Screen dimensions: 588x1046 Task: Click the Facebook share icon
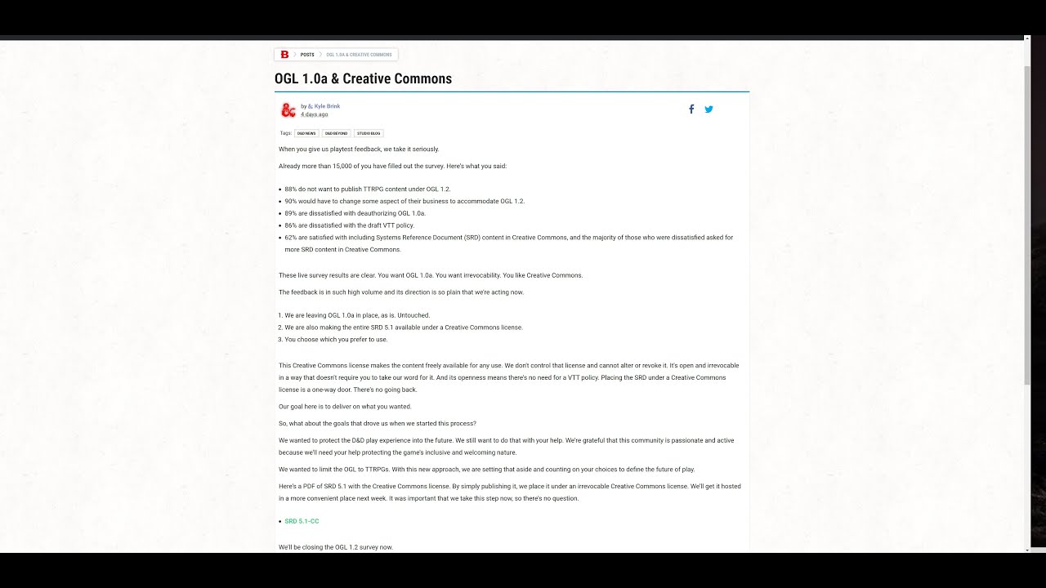[x=691, y=109]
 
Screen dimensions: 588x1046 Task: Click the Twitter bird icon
[x=709, y=109]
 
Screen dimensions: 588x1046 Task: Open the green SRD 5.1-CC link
[x=302, y=521]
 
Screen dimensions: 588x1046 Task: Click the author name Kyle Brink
[x=327, y=106]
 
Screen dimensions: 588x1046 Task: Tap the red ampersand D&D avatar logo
[x=288, y=110]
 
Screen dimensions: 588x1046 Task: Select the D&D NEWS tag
[x=306, y=133]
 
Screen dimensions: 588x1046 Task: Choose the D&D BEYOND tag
[x=336, y=133]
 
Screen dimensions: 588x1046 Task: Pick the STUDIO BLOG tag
[x=369, y=133]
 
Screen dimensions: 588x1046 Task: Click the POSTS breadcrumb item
[x=307, y=55]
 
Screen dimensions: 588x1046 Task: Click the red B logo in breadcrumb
[x=284, y=55]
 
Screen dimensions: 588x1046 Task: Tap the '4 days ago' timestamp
[x=314, y=114]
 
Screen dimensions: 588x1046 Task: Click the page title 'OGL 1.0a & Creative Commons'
[x=363, y=79]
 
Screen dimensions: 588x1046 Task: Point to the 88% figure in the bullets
[x=290, y=189]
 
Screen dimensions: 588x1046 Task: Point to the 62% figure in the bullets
[x=290, y=238]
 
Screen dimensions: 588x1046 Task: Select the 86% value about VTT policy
[x=290, y=225]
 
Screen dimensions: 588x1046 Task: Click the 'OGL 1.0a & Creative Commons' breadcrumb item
[x=359, y=55]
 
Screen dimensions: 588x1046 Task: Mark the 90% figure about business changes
[x=290, y=201]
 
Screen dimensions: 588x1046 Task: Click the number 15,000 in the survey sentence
[x=343, y=166]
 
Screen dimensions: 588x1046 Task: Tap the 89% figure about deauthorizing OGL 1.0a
[x=290, y=213]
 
